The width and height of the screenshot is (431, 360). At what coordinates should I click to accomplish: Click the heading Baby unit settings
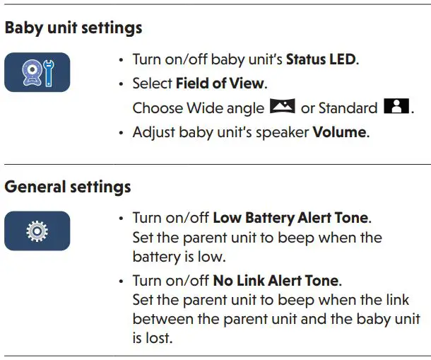(73, 28)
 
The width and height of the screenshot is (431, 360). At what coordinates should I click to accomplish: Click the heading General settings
(68, 187)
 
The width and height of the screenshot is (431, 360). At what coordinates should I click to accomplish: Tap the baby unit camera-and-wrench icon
(37, 72)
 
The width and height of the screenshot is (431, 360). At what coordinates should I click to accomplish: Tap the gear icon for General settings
(37, 231)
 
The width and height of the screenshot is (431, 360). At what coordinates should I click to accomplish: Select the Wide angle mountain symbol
(282, 108)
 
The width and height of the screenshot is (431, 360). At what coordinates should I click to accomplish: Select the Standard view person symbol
(396, 108)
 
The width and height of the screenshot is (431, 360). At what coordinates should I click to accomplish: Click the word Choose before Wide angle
(158, 108)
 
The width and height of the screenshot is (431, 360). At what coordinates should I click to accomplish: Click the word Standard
(348, 108)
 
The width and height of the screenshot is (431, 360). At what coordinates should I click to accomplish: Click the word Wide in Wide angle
(203, 108)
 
